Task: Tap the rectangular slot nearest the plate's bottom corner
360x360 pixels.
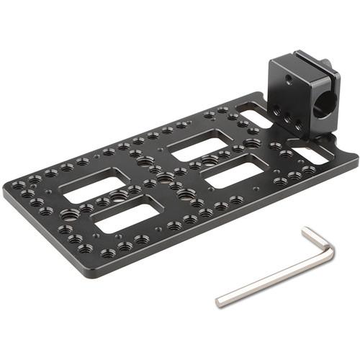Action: (127, 217)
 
